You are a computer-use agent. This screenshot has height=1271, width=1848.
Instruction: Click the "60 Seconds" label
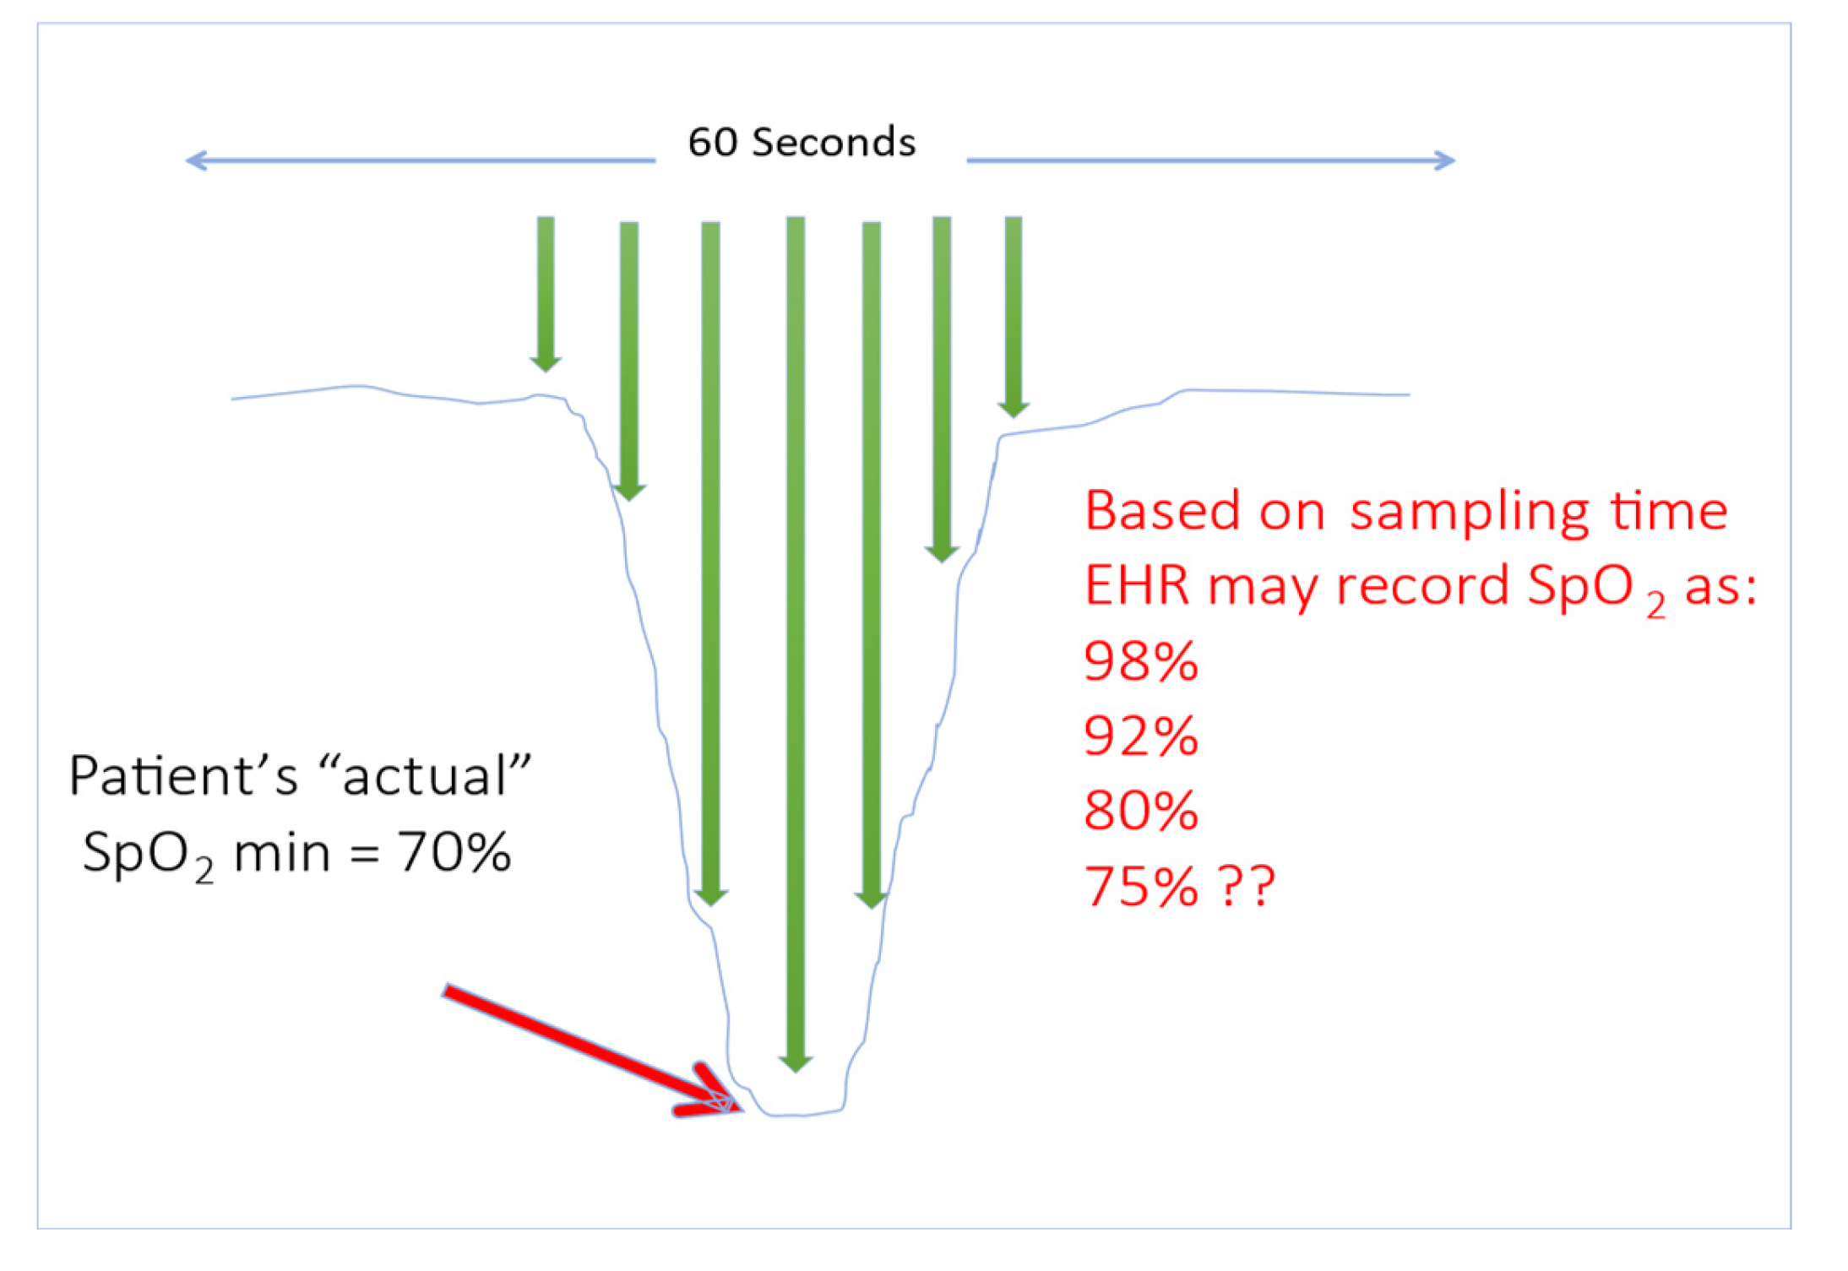[x=801, y=142]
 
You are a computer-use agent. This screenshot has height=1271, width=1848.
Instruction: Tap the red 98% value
[x=1140, y=660]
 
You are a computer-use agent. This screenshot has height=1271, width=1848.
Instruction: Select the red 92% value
[x=1140, y=736]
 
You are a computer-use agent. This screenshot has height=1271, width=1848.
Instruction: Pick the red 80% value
[x=1140, y=811]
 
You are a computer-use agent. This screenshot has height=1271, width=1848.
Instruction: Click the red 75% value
[x=1140, y=886]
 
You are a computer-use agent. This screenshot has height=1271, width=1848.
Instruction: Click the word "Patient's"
[x=183, y=775]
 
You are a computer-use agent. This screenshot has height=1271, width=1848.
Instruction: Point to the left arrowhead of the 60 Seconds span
[x=188, y=160]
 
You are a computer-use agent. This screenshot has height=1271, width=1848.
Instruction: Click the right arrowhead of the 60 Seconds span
[x=1453, y=160]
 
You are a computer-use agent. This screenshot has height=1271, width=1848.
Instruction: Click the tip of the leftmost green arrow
[x=546, y=372]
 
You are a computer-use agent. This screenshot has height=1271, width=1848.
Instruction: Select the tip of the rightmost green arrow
[x=1013, y=417]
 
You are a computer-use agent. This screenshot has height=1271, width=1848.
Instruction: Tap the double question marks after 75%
[x=1247, y=886]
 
